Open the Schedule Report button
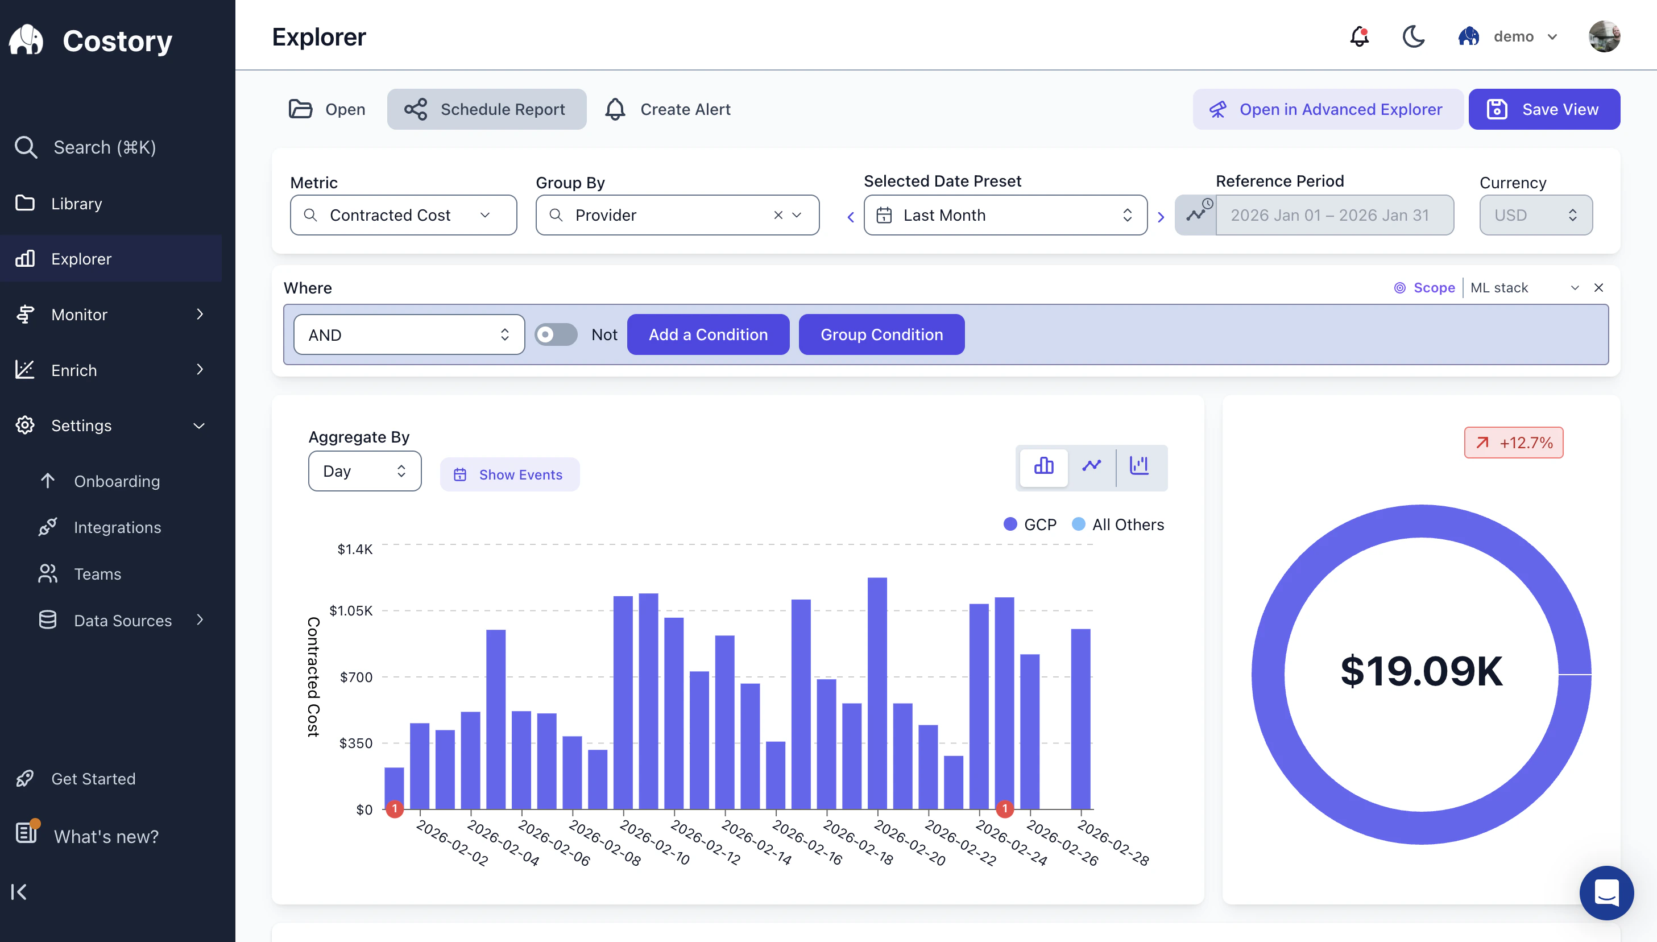pyautogui.click(x=486, y=109)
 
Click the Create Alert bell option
pyautogui.click(x=668, y=109)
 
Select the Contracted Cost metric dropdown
pyautogui.click(x=403, y=216)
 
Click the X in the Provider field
pyautogui.click(x=778, y=216)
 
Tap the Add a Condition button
pyautogui.click(x=707, y=334)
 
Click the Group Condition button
pyautogui.click(x=881, y=334)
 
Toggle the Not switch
pyautogui.click(x=556, y=334)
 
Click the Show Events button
pyautogui.click(x=509, y=475)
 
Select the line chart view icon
pyautogui.click(x=1092, y=466)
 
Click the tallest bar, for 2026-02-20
pyautogui.click(x=877, y=692)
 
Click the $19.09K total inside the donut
pyautogui.click(x=1421, y=672)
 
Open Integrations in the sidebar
pyautogui.click(x=117, y=527)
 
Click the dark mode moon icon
pyautogui.click(x=1413, y=37)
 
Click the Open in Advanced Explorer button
pyautogui.click(x=1327, y=109)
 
